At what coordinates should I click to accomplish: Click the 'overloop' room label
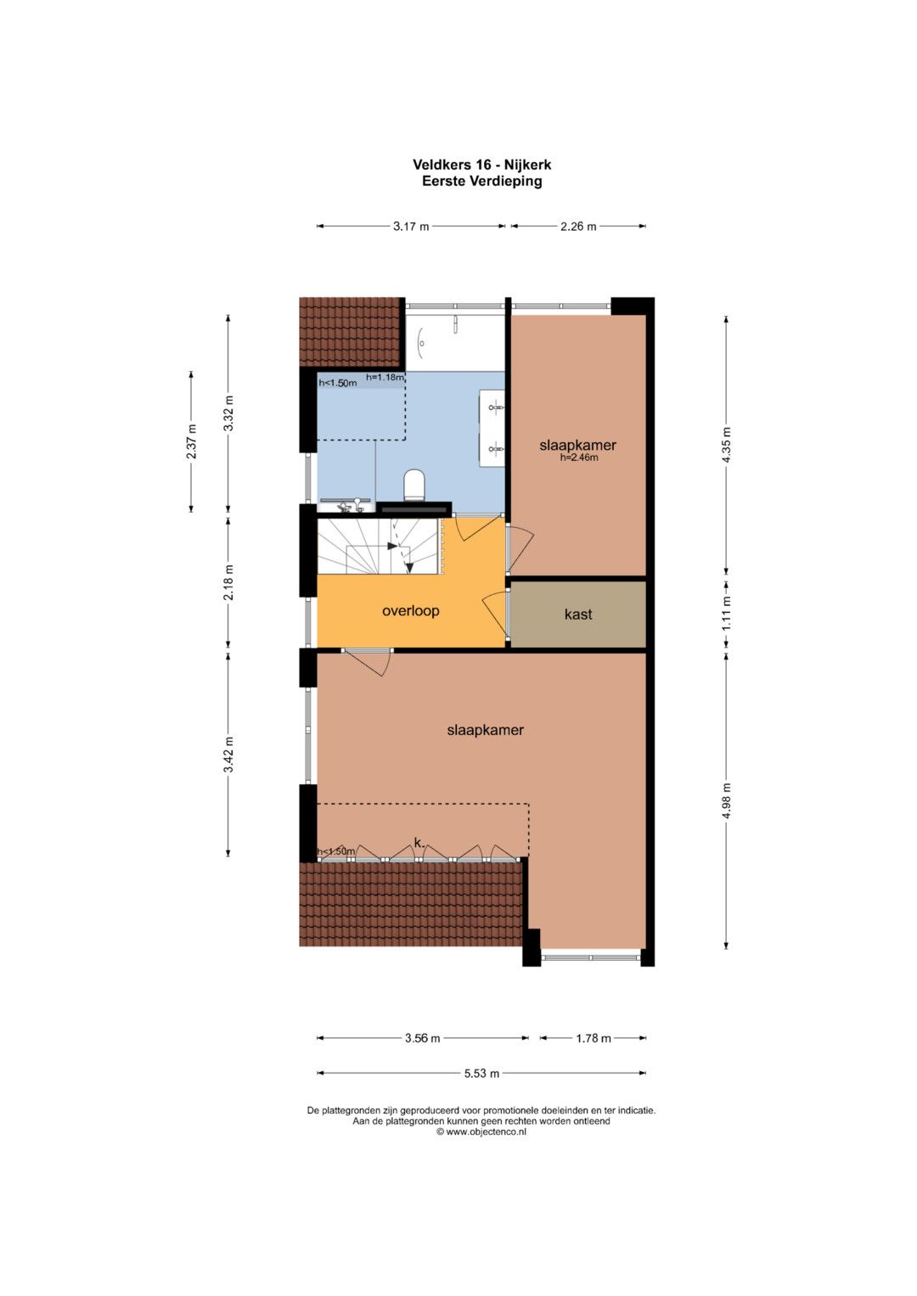pos(410,611)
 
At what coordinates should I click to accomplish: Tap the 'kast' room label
pos(577,614)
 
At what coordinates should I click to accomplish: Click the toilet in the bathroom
pos(414,485)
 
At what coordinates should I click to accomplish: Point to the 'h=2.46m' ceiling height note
pos(578,457)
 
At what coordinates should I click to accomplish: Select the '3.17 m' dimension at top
pos(411,227)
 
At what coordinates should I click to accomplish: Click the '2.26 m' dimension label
pos(578,227)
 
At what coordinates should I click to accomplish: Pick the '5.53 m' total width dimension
pos(481,1074)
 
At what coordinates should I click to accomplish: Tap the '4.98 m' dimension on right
pos(727,800)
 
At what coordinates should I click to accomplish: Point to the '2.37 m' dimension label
pos(192,441)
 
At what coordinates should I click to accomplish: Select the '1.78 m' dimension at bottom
pos(594,1038)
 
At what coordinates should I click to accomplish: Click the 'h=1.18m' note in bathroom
pos(385,377)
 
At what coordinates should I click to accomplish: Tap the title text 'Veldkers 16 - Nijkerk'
pos(481,165)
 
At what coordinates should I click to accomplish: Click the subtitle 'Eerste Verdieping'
pos(481,181)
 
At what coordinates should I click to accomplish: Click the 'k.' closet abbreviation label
pos(419,843)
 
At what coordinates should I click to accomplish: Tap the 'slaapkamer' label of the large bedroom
pos(485,730)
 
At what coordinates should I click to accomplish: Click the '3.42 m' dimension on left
pos(229,754)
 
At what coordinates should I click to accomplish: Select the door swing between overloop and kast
pos(494,614)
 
